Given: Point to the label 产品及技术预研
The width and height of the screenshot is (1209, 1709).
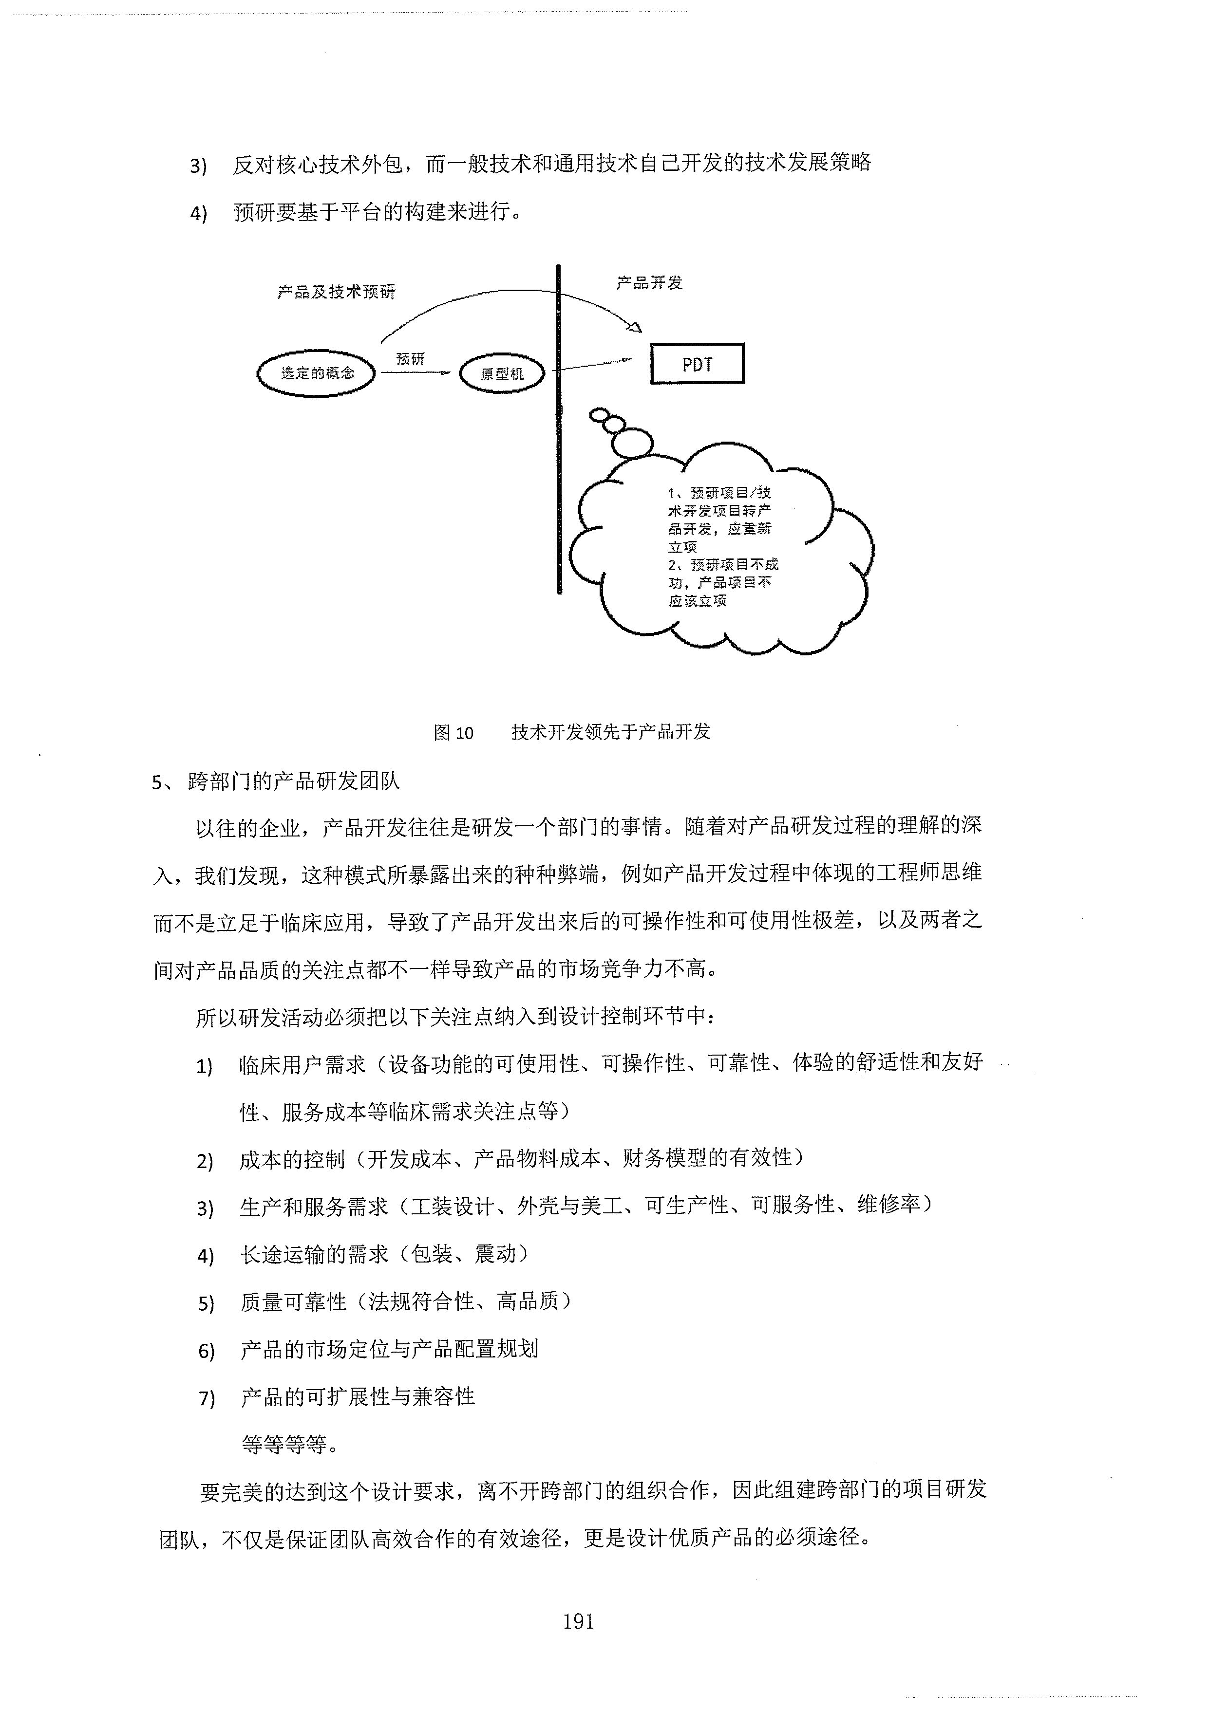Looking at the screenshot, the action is tap(337, 292).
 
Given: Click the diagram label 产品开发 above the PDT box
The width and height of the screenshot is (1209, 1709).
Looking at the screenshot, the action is tap(649, 283).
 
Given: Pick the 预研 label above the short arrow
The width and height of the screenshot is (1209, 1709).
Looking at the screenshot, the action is tap(410, 359).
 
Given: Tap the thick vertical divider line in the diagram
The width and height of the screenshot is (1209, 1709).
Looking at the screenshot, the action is tap(558, 429).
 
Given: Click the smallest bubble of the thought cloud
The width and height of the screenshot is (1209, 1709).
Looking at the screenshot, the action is tap(599, 415).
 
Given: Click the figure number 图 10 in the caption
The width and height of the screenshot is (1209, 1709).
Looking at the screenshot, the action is tap(453, 732).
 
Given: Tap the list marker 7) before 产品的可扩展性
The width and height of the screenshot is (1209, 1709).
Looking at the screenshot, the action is tap(206, 1399).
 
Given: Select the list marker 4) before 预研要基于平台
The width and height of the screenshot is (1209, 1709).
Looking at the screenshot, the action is tap(198, 214).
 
